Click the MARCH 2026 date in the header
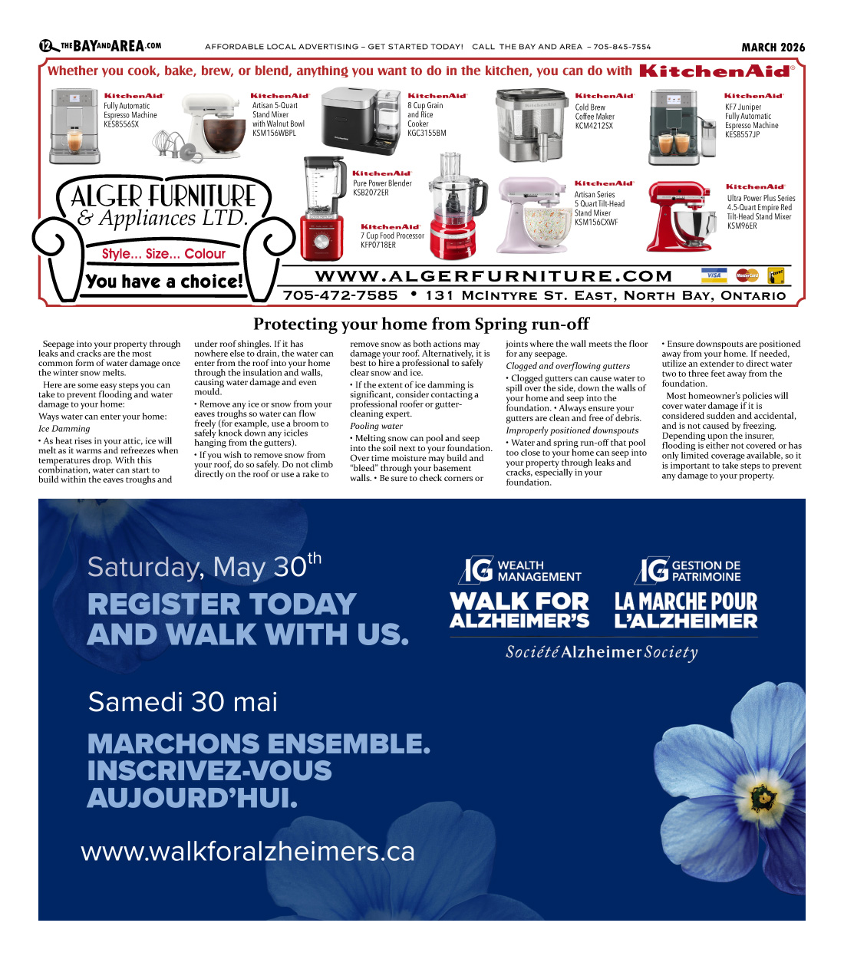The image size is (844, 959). [x=773, y=48]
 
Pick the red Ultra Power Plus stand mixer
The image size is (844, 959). [x=682, y=216]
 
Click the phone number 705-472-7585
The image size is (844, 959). [x=340, y=295]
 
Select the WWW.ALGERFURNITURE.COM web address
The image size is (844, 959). [x=493, y=276]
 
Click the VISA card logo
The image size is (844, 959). [x=714, y=275]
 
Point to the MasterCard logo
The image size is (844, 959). [x=747, y=275]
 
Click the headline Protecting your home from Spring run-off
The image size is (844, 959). [x=421, y=324]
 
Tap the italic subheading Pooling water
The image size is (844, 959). [x=376, y=426]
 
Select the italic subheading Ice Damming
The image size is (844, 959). [x=64, y=429]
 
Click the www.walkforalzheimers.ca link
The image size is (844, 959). [x=248, y=852]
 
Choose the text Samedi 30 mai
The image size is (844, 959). [x=183, y=702]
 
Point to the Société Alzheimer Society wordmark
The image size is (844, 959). [x=602, y=652]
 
